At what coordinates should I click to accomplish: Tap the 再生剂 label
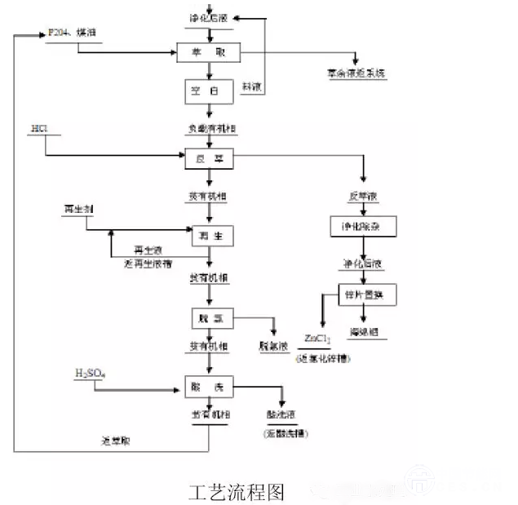pyautogui.click(x=78, y=210)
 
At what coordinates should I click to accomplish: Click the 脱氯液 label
pyautogui.click(x=273, y=346)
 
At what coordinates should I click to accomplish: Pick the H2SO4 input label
pyautogui.click(x=91, y=374)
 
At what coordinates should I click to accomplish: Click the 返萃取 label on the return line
pyautogui.click(x=116, y=441)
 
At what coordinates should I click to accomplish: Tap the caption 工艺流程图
pyautogui.click(x=236, y=492)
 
